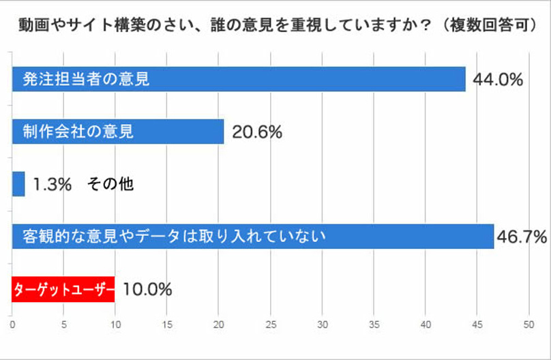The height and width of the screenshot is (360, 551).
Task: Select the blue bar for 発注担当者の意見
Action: point(239,79)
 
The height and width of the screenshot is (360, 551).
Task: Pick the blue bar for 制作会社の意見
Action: point(118,132)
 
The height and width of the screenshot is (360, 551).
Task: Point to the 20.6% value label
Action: point(257,132)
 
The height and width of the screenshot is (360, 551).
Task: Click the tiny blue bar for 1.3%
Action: point(18,184)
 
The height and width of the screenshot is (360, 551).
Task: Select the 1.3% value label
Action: point(53,184)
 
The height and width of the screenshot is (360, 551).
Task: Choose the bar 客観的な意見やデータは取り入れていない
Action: point(253,237)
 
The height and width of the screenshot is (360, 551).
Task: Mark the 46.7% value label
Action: point(522,237)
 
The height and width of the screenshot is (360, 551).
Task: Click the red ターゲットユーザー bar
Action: point(63,289)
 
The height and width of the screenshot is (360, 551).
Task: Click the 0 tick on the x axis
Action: point(12,325)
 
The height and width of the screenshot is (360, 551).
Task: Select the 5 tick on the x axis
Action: point(64,325)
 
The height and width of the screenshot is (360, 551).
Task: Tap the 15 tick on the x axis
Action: point(167,325)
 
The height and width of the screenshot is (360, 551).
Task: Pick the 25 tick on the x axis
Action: point(271,325)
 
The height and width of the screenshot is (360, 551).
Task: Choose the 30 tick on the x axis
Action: point(322,325)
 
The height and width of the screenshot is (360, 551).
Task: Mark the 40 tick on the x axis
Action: point(426,325)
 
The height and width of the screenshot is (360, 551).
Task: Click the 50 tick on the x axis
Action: point(528,325)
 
